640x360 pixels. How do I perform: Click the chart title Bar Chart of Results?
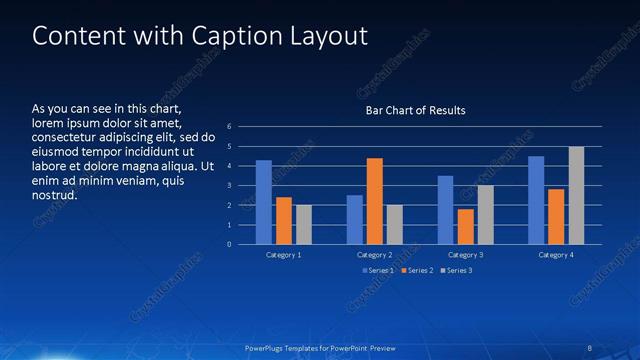[415, 110]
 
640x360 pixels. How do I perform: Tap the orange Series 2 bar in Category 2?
[375, 201]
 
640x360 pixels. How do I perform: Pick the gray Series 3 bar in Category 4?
[576, 195]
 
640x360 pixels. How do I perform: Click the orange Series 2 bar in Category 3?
[466, 226]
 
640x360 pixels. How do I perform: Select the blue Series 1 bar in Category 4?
[536, 200]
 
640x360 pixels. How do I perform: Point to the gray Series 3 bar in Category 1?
[304, 224]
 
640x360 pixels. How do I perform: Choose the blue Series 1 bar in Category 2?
[355, 219]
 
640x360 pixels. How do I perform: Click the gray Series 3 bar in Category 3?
[485, 214]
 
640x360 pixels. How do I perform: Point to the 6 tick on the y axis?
[229, 127]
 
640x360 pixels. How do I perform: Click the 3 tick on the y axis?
[229, 185]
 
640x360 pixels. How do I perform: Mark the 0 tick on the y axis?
[229, 244]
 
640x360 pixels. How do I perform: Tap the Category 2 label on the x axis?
[375, 255]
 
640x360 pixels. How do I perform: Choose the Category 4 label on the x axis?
[556, 255]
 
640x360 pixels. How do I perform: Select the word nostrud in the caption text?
[55, 195]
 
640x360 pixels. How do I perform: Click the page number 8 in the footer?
[588, 347]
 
